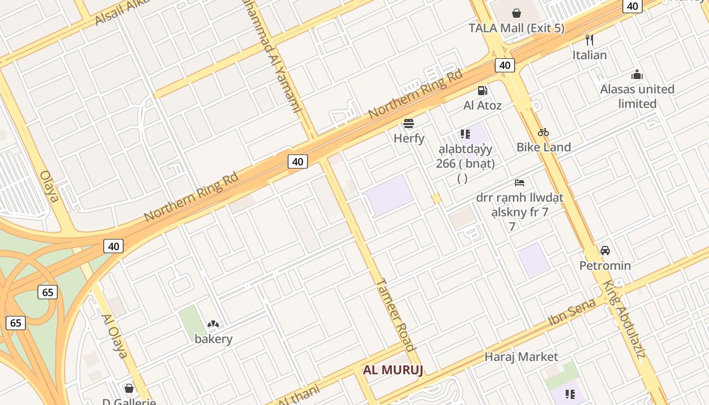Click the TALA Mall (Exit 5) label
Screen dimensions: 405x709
pos(517,28)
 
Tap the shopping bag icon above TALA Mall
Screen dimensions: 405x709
pos(517,13)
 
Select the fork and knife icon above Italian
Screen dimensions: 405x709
pos(589,39)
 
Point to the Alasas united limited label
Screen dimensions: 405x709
pos(637,96)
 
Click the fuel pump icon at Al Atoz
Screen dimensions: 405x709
pos(483,91)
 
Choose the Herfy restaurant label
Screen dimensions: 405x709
pos(409,138)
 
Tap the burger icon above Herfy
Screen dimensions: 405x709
pos(409,123)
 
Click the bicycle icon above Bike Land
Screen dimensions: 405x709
pos(543,132)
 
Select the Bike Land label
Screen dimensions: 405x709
pos(543,147)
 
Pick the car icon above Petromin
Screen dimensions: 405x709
pos(605,251)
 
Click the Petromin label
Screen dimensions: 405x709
pos(605,266)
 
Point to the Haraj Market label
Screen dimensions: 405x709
pos(521,357)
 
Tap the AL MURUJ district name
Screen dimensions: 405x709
pos(393,370)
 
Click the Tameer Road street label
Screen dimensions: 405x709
pos(396,314)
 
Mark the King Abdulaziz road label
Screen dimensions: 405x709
pos(623,319)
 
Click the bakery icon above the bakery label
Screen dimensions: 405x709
pos(213,324)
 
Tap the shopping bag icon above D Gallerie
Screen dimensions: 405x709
pos(129,388)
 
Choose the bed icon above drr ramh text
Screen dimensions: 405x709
pos(520,182)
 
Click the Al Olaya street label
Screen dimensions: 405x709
pos(114,336)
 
